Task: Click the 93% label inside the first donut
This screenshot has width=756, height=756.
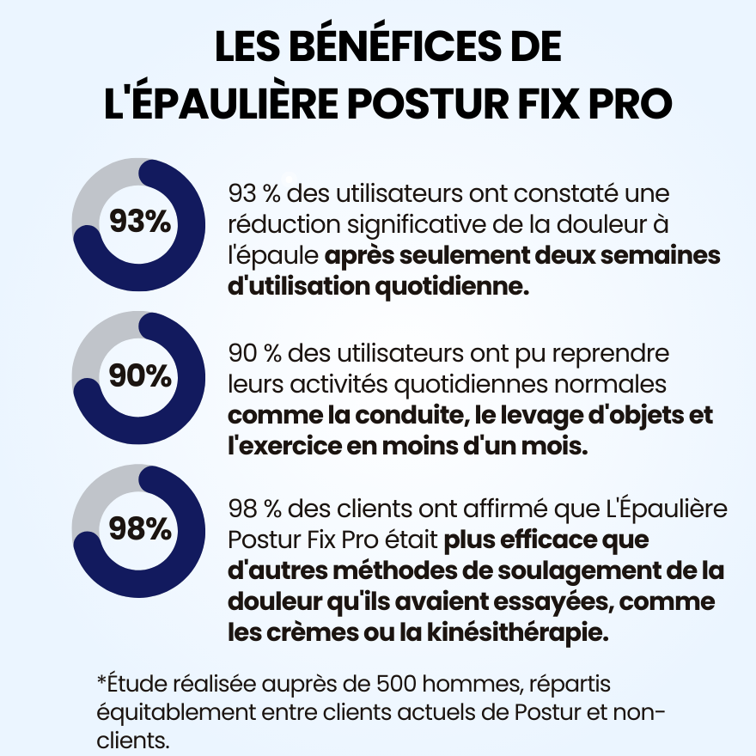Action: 139,222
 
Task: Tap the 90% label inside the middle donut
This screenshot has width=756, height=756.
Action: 139,375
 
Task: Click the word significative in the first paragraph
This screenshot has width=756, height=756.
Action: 426,224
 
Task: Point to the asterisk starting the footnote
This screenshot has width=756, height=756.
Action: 101,681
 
